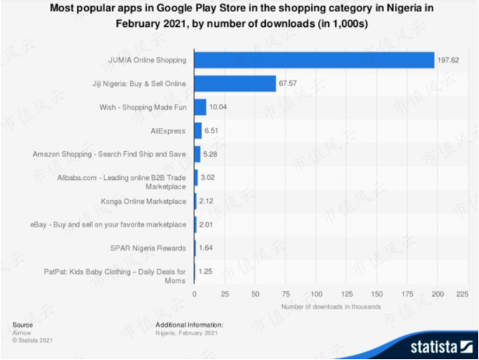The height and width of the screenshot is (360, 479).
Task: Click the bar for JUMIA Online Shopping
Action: click(314, 60)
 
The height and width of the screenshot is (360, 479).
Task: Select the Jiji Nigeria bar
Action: click(235, 83)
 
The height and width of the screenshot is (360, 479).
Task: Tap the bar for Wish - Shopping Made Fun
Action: click(200, 107)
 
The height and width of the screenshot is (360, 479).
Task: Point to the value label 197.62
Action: click(448, 61)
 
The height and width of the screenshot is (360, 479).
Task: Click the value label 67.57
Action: click(288, 84)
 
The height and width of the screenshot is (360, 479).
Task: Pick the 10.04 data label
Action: click(218, 107)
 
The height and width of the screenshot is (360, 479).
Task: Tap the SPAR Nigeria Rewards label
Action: click(148, 248)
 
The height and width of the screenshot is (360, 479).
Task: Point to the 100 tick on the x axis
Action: click(317, 292)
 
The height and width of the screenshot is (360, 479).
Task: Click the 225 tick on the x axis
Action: click(463, 292)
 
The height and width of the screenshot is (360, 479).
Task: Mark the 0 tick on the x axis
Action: click(195, 292)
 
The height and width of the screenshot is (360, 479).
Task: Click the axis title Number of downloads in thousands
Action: click(332, 306)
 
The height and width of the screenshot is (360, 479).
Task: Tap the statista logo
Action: click(437, 346)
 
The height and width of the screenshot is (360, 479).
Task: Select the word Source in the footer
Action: click(23, 325)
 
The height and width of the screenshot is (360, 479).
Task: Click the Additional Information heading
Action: click(189, 325)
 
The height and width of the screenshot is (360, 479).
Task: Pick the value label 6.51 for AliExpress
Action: click(212, 131)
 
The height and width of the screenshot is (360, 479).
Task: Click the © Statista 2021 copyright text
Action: click(32, 340)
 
